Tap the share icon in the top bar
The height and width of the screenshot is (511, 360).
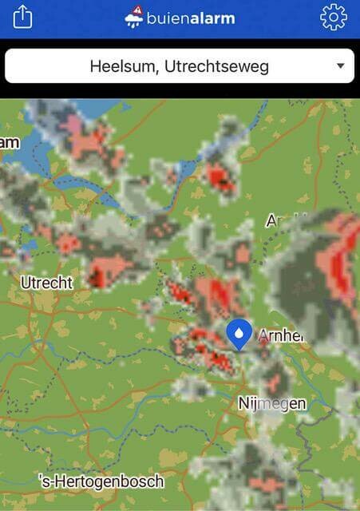click(x=22, y=17)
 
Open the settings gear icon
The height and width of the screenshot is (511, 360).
click(x=334, y=17)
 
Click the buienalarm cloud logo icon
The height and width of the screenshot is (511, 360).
click(x=133, y=18)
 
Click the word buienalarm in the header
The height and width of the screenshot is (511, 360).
click(x=191, y=18)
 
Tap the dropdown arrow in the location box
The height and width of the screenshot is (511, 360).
click(x=341, y=66)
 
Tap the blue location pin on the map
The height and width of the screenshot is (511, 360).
click(x=239, y=335)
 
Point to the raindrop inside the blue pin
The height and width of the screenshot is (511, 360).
click(x=239, y=331)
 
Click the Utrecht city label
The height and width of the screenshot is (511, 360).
click(x=46, y=283)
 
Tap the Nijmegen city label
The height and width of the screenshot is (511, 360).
click(x=272, y=403)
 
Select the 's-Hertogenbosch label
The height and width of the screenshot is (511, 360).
click(x=101, y=481)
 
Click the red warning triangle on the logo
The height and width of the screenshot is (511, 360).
click(x=138, y=10)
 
